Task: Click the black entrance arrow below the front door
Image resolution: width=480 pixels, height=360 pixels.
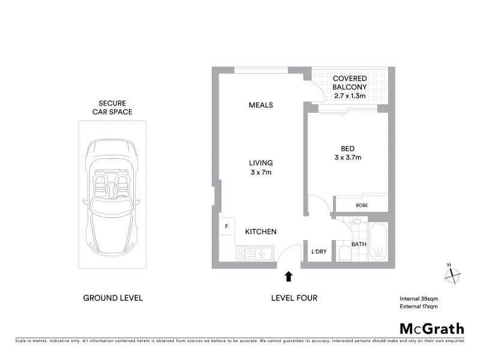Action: click(289, 276)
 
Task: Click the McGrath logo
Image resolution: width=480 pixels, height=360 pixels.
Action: click(431, 328)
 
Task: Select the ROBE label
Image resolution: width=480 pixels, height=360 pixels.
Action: click(361, 205)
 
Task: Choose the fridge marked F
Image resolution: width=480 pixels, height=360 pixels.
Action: click(226, 226)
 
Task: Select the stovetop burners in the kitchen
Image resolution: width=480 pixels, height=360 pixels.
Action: click(244, 254)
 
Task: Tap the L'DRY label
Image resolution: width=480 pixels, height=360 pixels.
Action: click(319, 251)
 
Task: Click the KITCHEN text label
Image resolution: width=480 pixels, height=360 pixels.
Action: click(260, 232)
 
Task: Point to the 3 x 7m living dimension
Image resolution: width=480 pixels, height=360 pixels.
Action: click(261, 173)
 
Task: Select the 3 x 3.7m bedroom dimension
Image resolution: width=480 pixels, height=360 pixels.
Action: click(349, 158)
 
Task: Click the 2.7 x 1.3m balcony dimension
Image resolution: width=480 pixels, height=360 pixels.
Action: click(349, 96)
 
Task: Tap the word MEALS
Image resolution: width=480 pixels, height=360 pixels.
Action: click(261, 105)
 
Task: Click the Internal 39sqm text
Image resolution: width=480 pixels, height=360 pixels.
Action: click(419, 298)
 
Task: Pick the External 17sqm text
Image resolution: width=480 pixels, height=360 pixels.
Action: click(419, 307)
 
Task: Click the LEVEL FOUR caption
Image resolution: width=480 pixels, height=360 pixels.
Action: click(294, 298)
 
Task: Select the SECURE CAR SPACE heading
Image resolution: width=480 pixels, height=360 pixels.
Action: click(112, 107)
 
